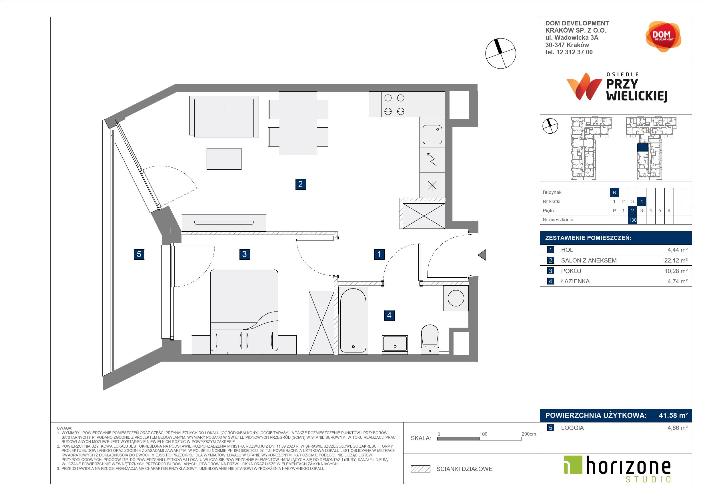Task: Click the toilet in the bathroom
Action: coord(430,339)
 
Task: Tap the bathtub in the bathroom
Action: coord(353,320)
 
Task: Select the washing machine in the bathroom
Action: coord(456,298)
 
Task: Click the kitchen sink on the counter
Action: coord(432,135)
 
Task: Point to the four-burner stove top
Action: coord(394,104)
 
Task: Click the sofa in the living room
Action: coord(224,116)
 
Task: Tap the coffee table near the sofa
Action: coord(224,159)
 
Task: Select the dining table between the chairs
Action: coord(298,123)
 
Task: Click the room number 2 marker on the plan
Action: coord(300,184)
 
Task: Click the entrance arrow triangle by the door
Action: coord(482,255)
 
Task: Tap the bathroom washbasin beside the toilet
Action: coord(395,344)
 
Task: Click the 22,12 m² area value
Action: coord(676,260)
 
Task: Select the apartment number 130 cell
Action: coord(632,220)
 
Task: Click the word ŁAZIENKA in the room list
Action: coord(575,281)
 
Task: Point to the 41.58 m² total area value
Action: coord(673,416)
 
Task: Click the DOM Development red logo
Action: coord(663,37)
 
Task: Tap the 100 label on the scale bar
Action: coord(483,434)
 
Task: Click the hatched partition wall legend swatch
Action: coord(421,469)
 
